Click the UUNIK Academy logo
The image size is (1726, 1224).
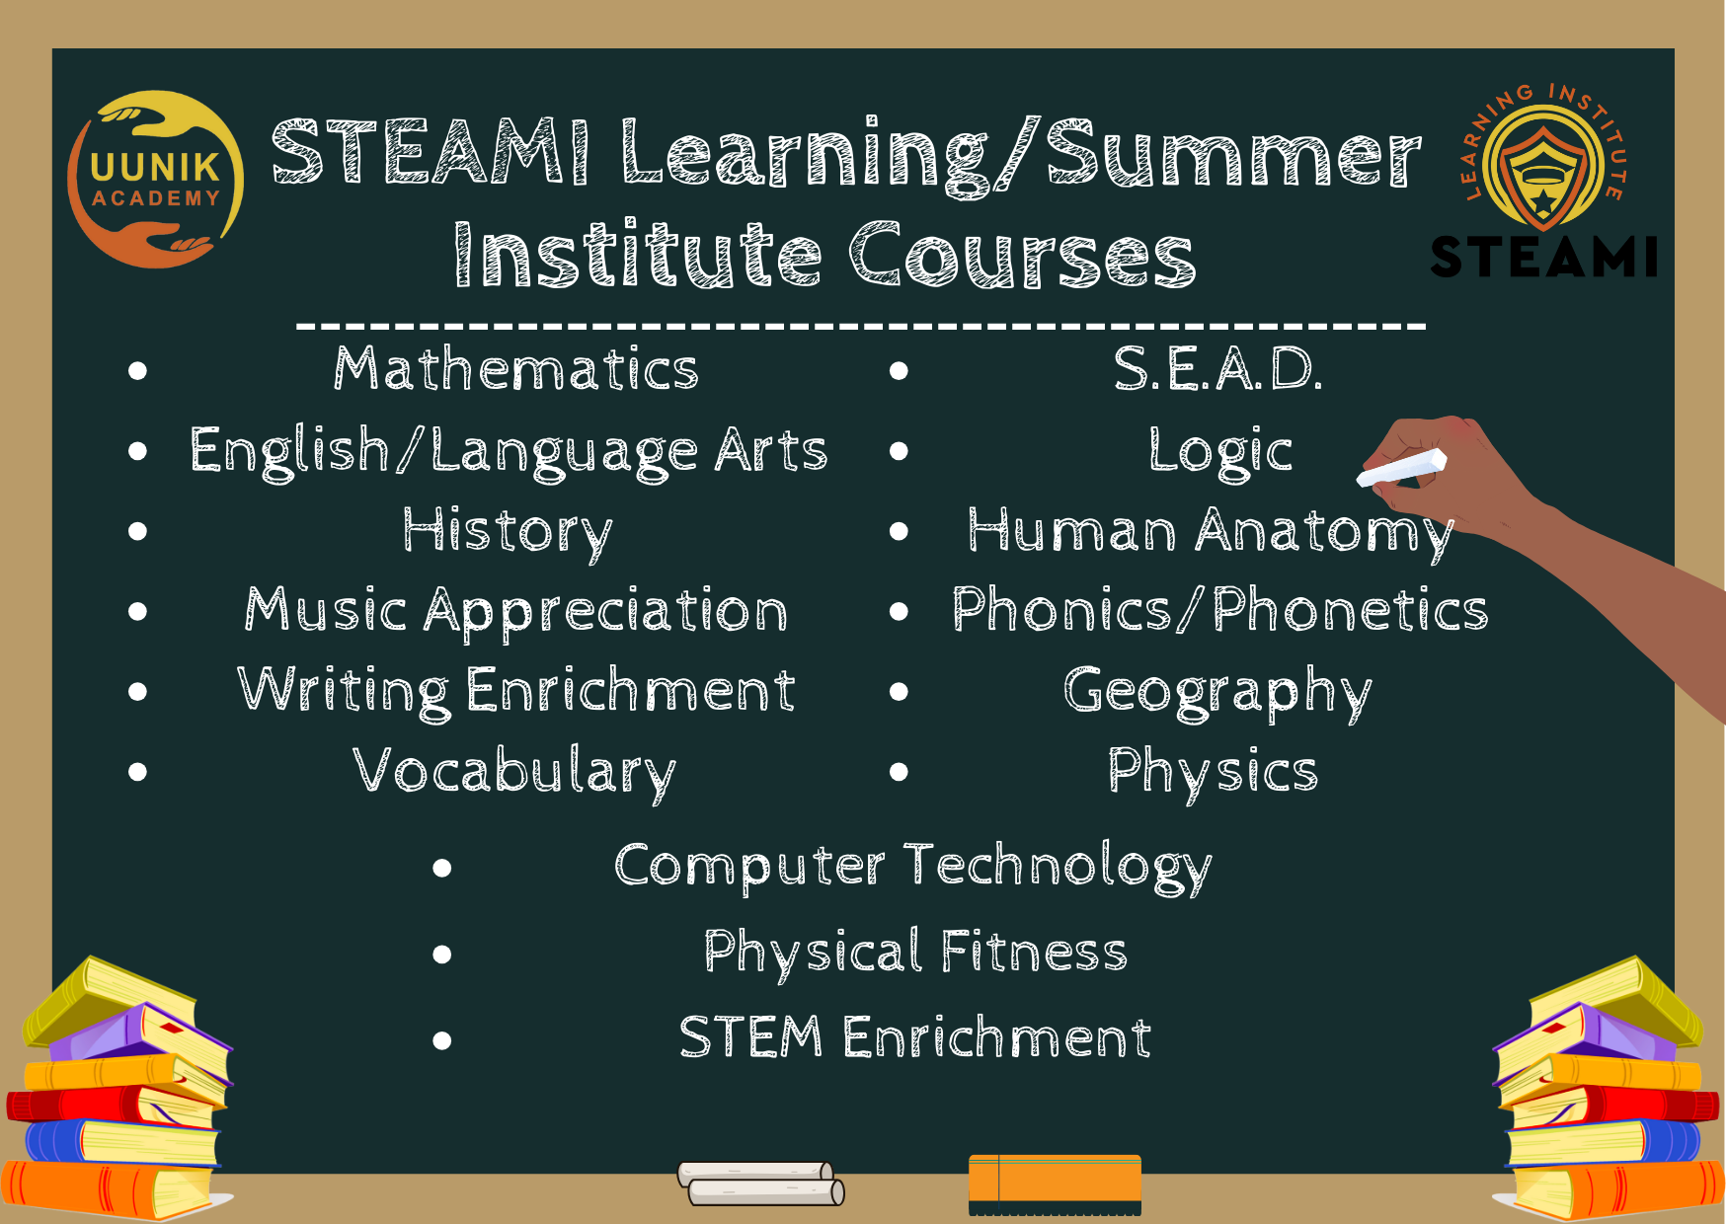(155, 180)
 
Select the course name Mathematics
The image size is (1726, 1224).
(516, 369)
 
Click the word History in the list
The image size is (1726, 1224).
(508, 533)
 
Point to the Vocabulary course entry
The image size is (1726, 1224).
(514, 773)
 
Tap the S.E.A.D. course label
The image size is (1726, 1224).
(1217, 369)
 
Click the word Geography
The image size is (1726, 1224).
(1217, 693)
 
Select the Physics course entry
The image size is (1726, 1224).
(1213, 773)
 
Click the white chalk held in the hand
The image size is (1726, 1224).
(1402, 467)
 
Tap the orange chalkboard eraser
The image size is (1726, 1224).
(1055, 1185)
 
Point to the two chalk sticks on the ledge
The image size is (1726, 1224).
(760, 1184)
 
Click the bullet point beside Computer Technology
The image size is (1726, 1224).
(442, 868)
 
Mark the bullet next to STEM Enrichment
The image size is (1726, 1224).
(442, 1040)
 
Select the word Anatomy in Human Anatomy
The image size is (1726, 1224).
(1324, 533)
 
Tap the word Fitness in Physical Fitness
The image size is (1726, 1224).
(1034, 952)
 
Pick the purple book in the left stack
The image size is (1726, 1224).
(139, 1033)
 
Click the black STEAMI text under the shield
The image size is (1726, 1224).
(1544, 258)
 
